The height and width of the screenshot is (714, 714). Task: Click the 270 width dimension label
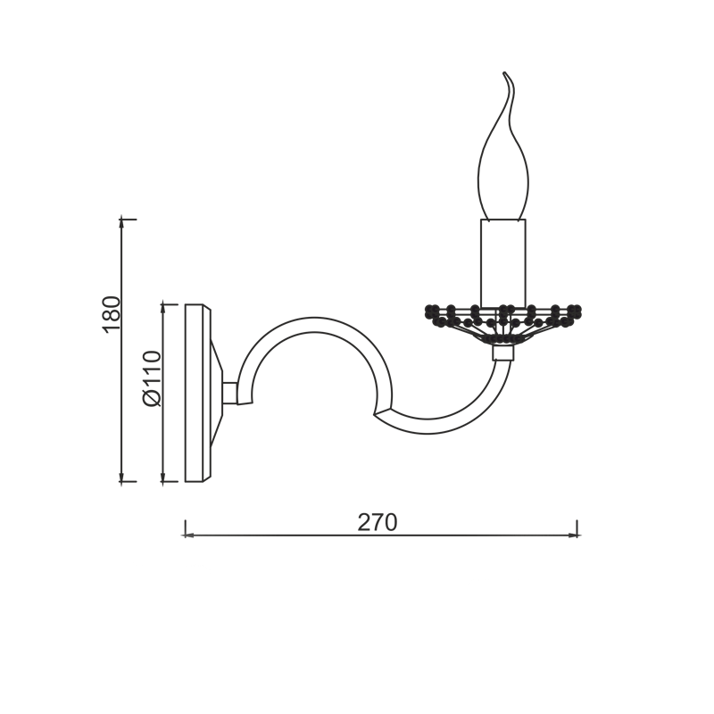point(377,522)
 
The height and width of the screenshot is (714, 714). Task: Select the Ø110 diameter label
point(152,378)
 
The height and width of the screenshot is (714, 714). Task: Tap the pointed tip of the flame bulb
point(503,72)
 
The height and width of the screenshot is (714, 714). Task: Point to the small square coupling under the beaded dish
point(503,352)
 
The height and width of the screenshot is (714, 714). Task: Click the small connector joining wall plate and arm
point(230,393)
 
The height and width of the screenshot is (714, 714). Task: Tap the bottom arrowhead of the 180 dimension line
point(121,478)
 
